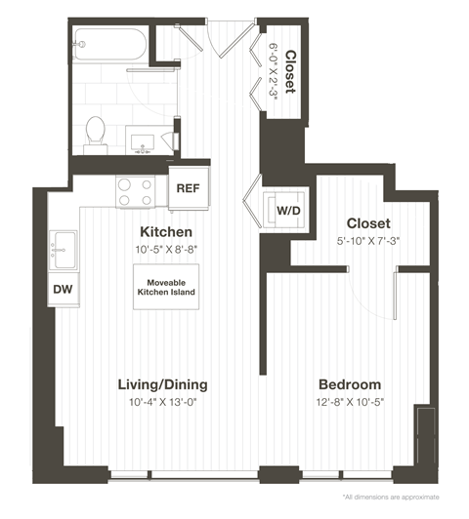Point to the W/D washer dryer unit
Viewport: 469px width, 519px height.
tap(288, 209)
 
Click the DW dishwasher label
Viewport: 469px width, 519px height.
tap(61, 289)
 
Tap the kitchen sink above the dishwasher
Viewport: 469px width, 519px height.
tap(64, 248)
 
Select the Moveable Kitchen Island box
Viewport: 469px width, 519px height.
tap(165, 288)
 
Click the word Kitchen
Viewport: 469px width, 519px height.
tap(165, 232)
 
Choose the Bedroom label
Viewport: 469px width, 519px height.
tap(349, 384)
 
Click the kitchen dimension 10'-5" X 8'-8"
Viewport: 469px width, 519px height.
tap(165, 251)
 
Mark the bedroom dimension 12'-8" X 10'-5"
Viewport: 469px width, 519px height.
tap(349, 402)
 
